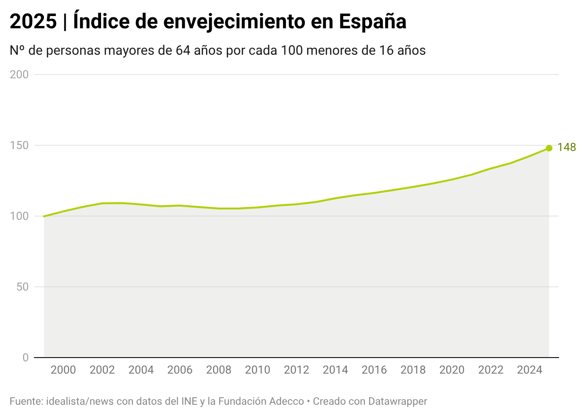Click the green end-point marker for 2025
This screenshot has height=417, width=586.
pyautogui.click(x=549, y=148)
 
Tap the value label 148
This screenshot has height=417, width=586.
pyautogui.click(x=566, y=148)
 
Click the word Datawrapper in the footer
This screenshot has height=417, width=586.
pyautogui.click(x=397, y=401)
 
